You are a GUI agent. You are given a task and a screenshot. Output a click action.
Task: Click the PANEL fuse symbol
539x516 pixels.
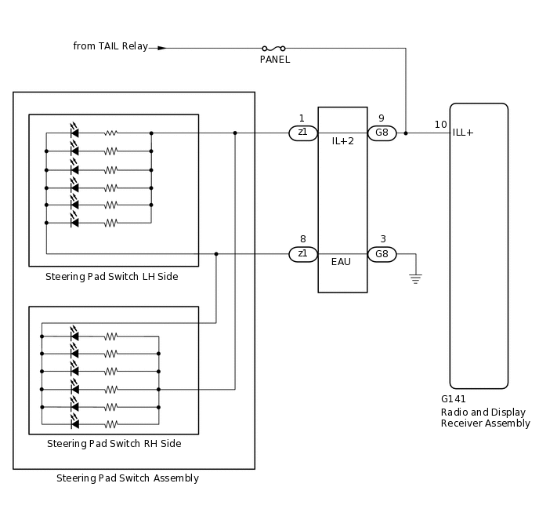pyautogui.click(x=273, y=48)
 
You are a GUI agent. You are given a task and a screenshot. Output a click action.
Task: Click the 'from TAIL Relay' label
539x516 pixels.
pyautogui.click(x=110, y=46)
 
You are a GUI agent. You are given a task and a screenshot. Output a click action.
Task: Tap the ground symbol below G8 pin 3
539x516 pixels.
pyautogui.click(x=415, y=278)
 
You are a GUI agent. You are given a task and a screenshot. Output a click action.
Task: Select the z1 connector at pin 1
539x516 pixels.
pyautogui.click(x=303, y=133)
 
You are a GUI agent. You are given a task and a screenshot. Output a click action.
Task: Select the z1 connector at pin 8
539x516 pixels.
pyautogui.click(x=303, y=254)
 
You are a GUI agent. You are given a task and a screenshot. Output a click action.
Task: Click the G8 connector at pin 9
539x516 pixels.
pyautogui.click(x=382, y=133)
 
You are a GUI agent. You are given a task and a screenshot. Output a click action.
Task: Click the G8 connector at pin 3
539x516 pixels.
pyautogui.click(x=382, y=254)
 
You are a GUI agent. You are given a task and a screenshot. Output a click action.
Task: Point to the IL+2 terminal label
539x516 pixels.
pyautogui.click(x=342, y=141)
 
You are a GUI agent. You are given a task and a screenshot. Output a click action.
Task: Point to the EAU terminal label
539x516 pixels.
pyautogui.click(x=342, y=262)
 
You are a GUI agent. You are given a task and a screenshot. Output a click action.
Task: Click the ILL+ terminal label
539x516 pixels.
pyautogui.click(x=463, y=133)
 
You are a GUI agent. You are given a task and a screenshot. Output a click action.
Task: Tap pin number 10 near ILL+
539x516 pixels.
pyautogui.click(x=440, y=125)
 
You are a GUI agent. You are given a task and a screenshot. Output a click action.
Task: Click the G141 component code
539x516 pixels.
pyautogui.click(x=454, y=399)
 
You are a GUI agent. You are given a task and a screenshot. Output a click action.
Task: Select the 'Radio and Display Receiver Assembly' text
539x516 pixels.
pyautogui.click(x=485, y=418)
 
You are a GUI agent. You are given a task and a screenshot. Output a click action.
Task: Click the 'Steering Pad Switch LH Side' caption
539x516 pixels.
pyautogui.click(x=111, y=277)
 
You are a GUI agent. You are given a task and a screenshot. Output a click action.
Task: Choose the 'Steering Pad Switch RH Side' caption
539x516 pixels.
pyautogui.click(x=114, y=444)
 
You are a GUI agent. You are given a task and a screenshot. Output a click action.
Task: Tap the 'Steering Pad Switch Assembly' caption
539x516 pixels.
pyautogui.click(x=128, y=478)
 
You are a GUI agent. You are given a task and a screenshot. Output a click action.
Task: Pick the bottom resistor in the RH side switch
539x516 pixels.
pyautogui.click(x=111, y=424)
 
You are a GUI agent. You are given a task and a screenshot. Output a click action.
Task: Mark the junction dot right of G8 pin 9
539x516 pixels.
pyautogui.click(x=406, y=133)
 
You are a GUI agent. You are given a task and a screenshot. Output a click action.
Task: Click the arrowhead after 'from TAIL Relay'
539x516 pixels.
pyautogui.click(x=162, y=48)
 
